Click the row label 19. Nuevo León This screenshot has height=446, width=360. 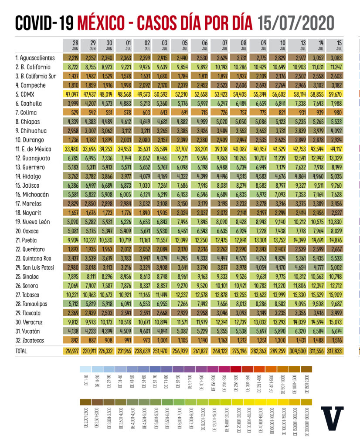pyautogui.click(x=33, y=222)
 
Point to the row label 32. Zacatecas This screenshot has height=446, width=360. pyautogui.click(x=31, y=340)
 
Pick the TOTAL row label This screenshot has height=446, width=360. pyautogui.click(x=21, y=351)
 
